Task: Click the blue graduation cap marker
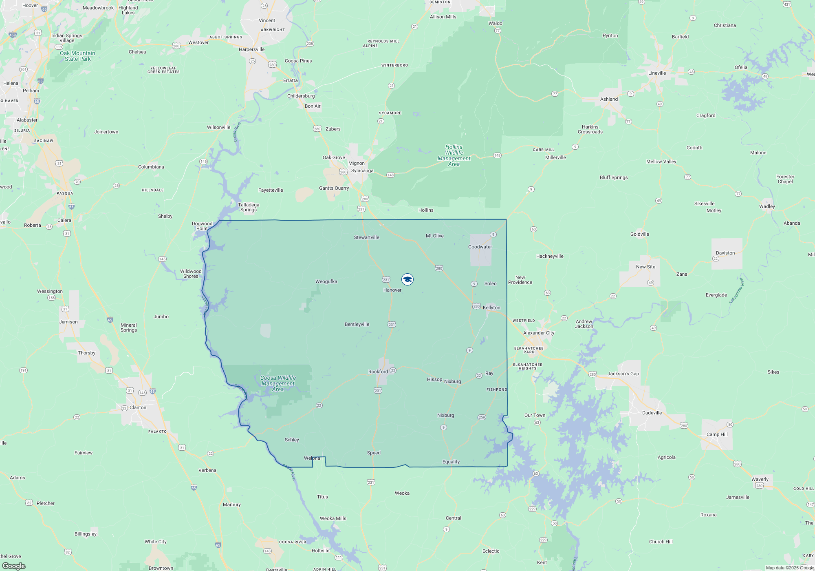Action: coord(407,279)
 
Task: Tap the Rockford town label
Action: coord(378,372)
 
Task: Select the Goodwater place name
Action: coord(480,247)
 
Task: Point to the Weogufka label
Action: coord(326,281)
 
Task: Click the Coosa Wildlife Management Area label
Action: coord(278,383)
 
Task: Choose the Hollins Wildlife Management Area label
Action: coord(454,155)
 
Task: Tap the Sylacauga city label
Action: coord(362,170)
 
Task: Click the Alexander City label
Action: coord(538,333)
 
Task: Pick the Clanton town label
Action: coord(138,407)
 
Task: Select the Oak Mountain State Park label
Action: coord(77,56)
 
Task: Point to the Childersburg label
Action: coord(301,96)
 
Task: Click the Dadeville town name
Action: coord(652,413)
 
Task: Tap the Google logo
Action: coord(14,566)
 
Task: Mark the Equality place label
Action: coord(451,462)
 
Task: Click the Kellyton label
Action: coord(491,308)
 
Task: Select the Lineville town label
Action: coord(657,73)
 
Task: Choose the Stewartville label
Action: coord(366,237)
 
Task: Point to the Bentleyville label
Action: coord(357,324)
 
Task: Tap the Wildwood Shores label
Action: coord(191,274)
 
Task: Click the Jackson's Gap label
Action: coord(623,374)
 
